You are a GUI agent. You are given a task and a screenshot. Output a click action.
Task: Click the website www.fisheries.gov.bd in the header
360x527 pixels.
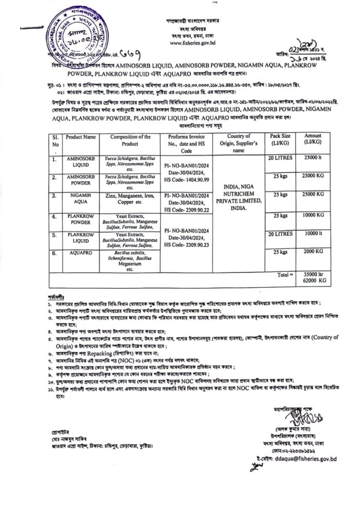195,43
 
